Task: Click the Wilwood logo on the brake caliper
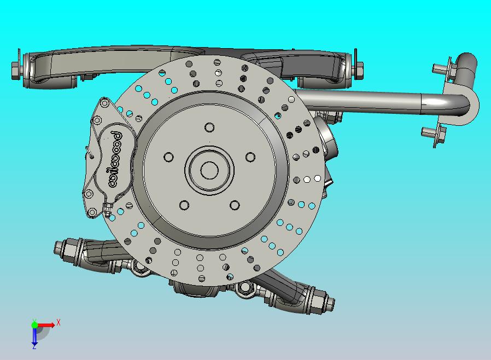[x=115, y=159]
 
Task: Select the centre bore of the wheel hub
[x=209, y=170]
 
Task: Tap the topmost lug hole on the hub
[x=209, y=127]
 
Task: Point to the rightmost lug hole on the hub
[x=250, y=158]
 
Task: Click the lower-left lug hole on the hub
[x=184, y=205]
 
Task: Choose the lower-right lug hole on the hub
[x=235, y=205]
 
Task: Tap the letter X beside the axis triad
[x=58, y=323]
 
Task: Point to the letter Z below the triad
[x=34, y=346]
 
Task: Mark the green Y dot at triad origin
[x=34, y=324]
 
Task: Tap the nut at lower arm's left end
[x=61, y=249]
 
